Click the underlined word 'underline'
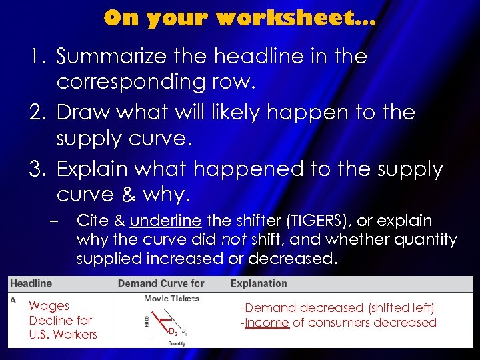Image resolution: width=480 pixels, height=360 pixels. click(166, 221)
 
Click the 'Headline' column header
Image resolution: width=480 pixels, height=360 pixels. click(31, 283)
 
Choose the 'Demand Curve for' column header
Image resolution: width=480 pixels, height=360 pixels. click(161, 283)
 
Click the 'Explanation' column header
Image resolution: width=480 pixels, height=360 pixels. click(259, 283)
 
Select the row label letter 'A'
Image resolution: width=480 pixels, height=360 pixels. click(13, 301)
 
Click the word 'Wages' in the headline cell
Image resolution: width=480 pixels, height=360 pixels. click(49, 306)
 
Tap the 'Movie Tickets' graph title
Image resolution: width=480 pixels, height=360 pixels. click(171, 299)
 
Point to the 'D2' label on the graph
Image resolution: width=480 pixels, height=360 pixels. click(171, 331)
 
